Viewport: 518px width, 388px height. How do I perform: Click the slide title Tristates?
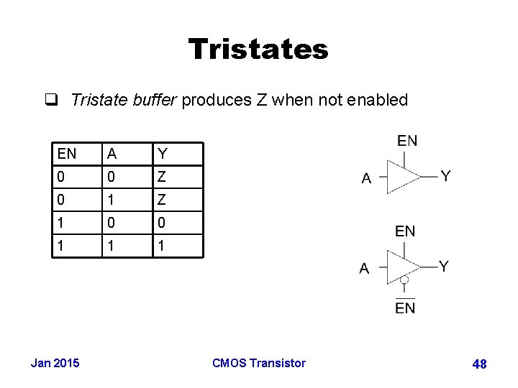click(258, 50)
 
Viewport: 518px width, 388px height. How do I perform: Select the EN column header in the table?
click(67, 153)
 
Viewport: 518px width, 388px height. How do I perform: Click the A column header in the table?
click(112, 153)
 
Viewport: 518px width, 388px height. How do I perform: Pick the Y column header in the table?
click(163, 153)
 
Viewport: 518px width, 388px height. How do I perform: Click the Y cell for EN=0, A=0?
click(163, 176)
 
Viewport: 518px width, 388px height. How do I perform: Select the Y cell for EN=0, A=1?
click(163, 199)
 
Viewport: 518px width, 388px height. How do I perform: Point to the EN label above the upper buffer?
click(407, 141)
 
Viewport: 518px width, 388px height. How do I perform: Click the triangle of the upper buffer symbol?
click(403, 176)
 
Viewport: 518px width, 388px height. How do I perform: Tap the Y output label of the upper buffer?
click(446, 175)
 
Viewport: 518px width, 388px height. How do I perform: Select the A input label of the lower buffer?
click(364, 269)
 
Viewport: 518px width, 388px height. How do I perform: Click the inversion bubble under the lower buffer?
click(405, 280)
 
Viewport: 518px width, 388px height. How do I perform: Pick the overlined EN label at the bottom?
click(405, 308)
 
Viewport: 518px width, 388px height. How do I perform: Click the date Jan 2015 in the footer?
click(55, 363)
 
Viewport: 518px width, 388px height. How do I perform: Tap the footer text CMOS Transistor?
click(259, 363)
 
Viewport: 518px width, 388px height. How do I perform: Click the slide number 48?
click(479, 364)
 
